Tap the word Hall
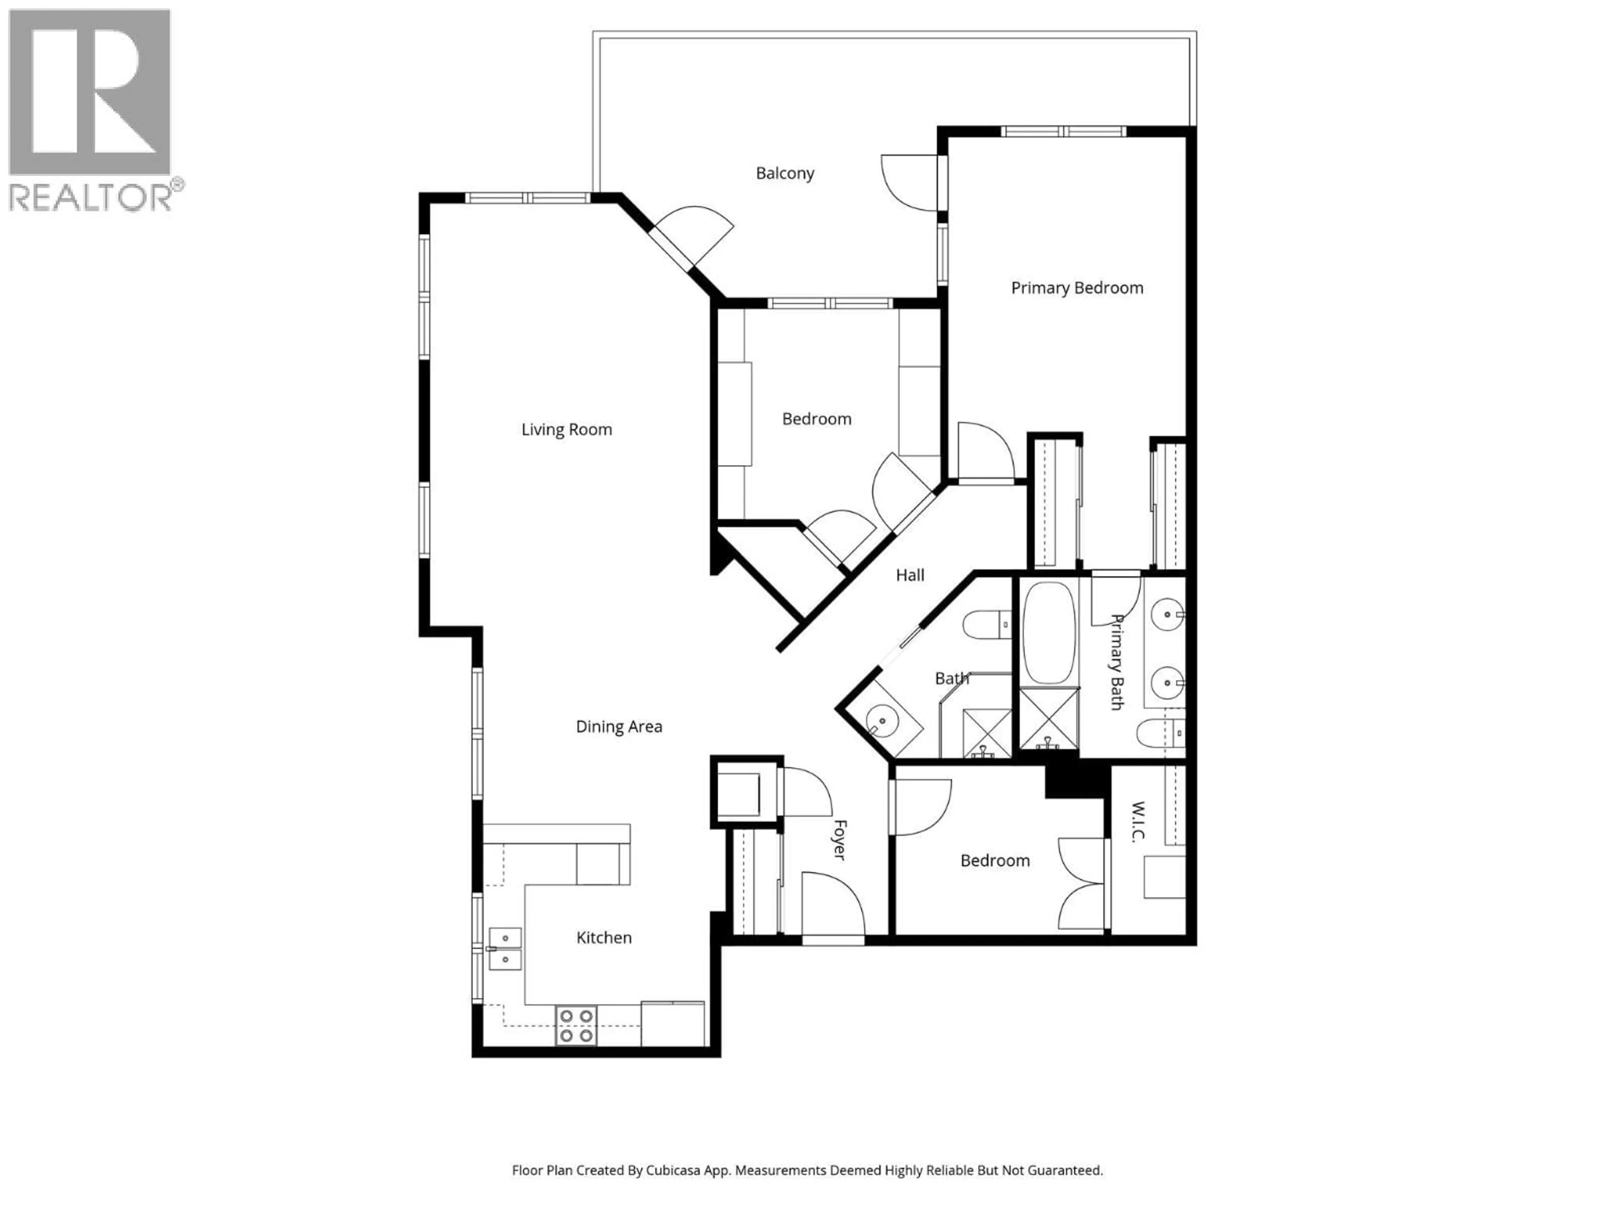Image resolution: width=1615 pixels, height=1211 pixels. tap(910, 575)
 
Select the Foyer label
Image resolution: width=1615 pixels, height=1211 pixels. tap(839, 839)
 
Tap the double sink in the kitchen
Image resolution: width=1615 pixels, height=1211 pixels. tap(505, 948)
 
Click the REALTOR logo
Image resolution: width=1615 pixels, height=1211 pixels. tap(90, 109)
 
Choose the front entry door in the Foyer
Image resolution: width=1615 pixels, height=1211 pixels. tap(832, 905)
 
